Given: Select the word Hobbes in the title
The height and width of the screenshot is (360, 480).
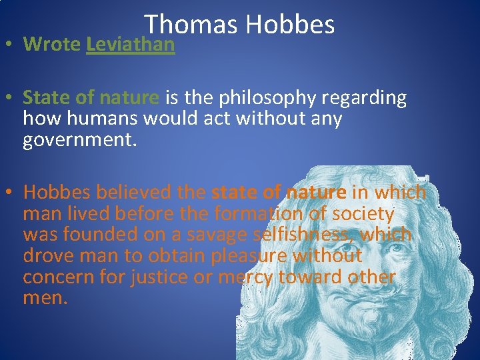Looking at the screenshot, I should coord(289,25).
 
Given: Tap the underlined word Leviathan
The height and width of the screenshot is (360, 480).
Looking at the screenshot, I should coord(130,45).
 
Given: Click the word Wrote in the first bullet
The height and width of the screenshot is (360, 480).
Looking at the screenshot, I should coord(51,45).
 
